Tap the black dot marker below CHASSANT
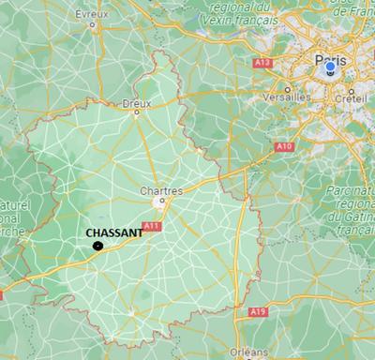point(97,246)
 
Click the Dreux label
point(136,103)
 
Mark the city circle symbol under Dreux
point(137,113)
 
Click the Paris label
point(330,60)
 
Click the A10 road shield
point(283,146)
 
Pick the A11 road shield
point(151,226)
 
